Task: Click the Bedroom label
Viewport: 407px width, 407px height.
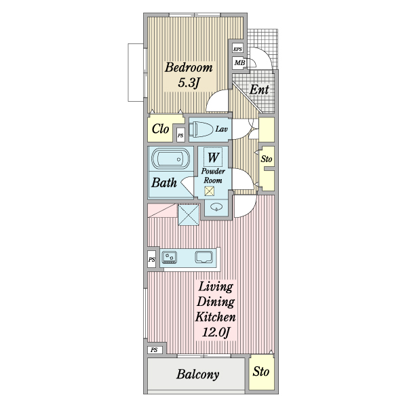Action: point(189,67)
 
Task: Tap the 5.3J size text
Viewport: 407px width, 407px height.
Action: point(189,83)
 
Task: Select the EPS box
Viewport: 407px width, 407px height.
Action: point(237,49)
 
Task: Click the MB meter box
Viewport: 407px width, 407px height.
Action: point(239,63)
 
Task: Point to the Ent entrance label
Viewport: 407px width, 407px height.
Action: point(259,90)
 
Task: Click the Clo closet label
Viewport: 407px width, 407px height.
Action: point(160,129)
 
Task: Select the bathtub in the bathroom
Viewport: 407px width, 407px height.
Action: point(170,159)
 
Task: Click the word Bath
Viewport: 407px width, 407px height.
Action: point(164,182)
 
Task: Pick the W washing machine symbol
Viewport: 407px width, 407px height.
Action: point(213,157)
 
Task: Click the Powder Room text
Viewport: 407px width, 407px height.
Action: point(213,176)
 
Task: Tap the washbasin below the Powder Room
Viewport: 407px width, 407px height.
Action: point(216,207)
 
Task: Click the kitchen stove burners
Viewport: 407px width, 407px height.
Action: point(169,258)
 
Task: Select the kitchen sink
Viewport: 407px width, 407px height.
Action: point(204,257)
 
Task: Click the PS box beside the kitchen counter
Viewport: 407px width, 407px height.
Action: point(151,259)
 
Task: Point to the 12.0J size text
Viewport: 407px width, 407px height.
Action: point(216,332)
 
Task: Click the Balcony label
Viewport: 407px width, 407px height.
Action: point(198,374)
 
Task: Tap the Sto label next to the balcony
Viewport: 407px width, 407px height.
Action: point(261,372)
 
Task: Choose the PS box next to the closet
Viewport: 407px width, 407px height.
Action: point(180,135)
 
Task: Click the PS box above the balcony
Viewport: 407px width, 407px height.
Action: point(154,350)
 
